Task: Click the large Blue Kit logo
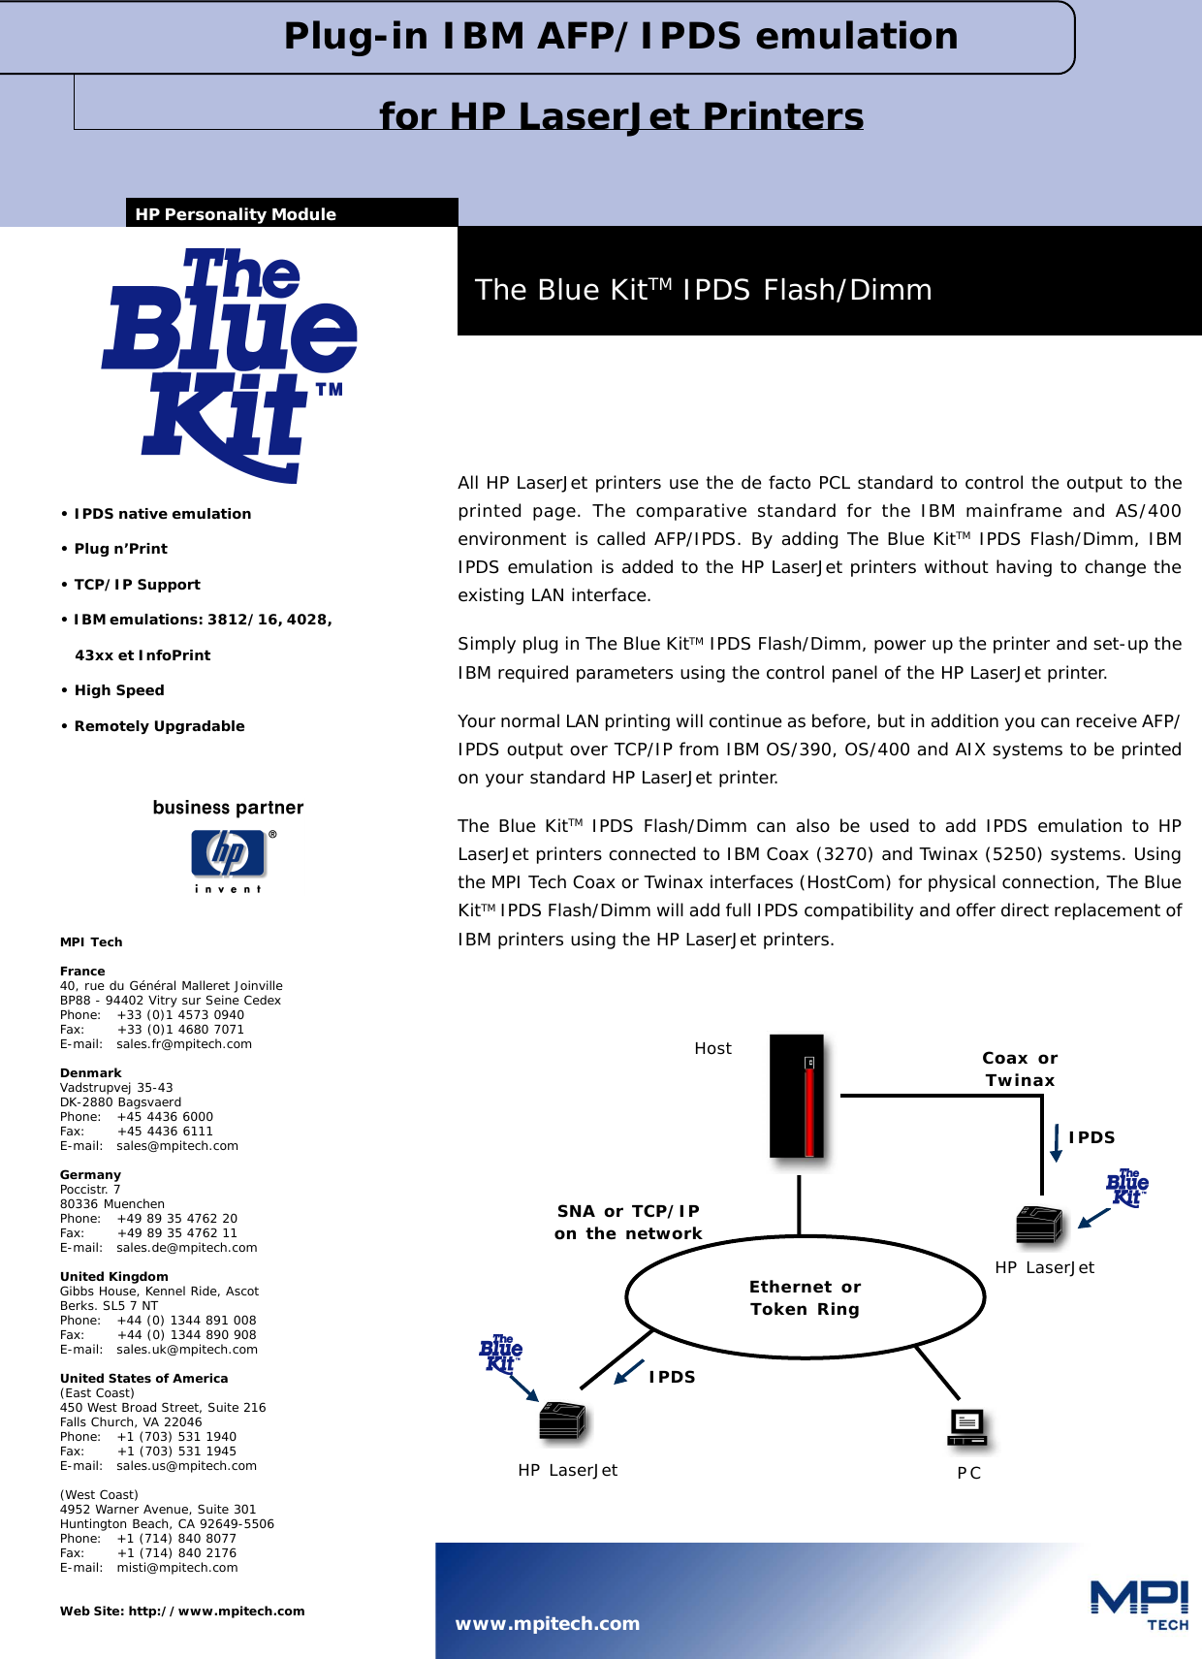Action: pos(229,364)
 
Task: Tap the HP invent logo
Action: pos(229,859)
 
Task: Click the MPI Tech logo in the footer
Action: pos(1140,1604)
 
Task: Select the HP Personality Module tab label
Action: pos(236,214)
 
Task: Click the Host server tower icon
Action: pos(797,1096)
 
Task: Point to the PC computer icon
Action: pos(967,1427)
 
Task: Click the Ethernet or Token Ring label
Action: pos(805,1297)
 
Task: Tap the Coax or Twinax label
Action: pos(1020,1069)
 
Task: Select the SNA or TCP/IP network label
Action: pos(628,1222)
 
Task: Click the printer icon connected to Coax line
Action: pos(1039,1225)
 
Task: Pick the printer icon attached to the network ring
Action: pos(562,1421)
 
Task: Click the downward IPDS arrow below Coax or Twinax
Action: pos(1056,1142)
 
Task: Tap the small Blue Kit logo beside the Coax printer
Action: pos(1126,1188)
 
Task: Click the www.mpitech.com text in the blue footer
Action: pos(548,1623)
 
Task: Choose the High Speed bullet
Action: pos(119,690)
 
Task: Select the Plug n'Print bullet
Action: pos(120,549)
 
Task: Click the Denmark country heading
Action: pos(90,1073)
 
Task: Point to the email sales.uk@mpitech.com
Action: pos(186,1350)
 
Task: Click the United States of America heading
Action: pos(143,1379)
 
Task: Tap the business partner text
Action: pos(228,808)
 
